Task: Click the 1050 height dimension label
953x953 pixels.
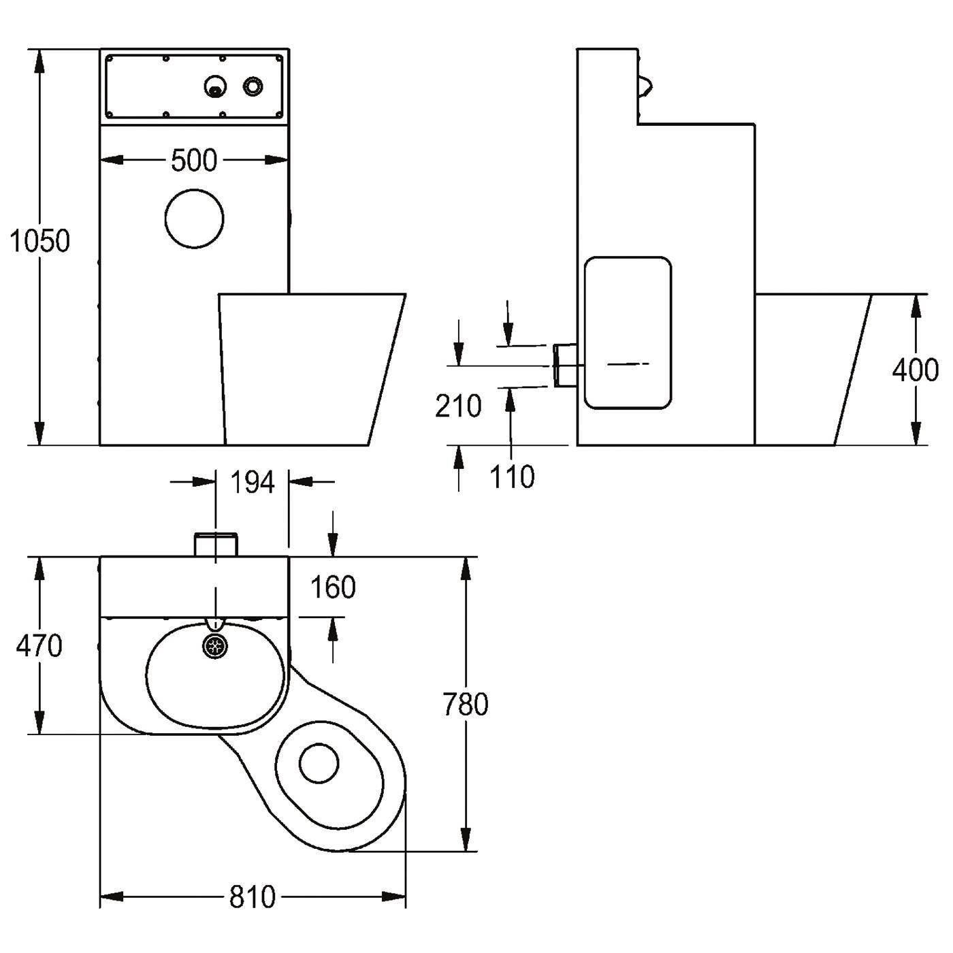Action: tap(39, 242)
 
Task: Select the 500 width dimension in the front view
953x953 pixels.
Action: tap(194, 160)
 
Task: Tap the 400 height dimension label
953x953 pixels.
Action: tap(915, 370)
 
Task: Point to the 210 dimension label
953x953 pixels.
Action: tap(458, 406)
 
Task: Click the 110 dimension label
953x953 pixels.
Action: tap(512, 476)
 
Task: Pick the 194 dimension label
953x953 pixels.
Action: tap(253, 482)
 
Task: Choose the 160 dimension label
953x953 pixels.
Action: tap(333, 587)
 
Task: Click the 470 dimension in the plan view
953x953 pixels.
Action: tap(39, 645)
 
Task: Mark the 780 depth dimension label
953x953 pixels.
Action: tap(466, 705)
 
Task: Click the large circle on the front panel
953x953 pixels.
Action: tap(194, 218)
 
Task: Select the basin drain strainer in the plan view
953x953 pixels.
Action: tap(216, 645)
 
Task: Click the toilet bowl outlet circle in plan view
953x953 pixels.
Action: tap(319, 763)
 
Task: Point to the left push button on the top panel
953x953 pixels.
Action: tap(215, 87)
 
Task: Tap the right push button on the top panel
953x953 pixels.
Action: tap(253, 86)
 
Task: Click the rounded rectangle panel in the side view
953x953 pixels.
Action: tap(628, 333)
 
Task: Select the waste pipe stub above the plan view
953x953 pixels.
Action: tap(216, 545)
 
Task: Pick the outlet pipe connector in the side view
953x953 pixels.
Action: tap(565, 366)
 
